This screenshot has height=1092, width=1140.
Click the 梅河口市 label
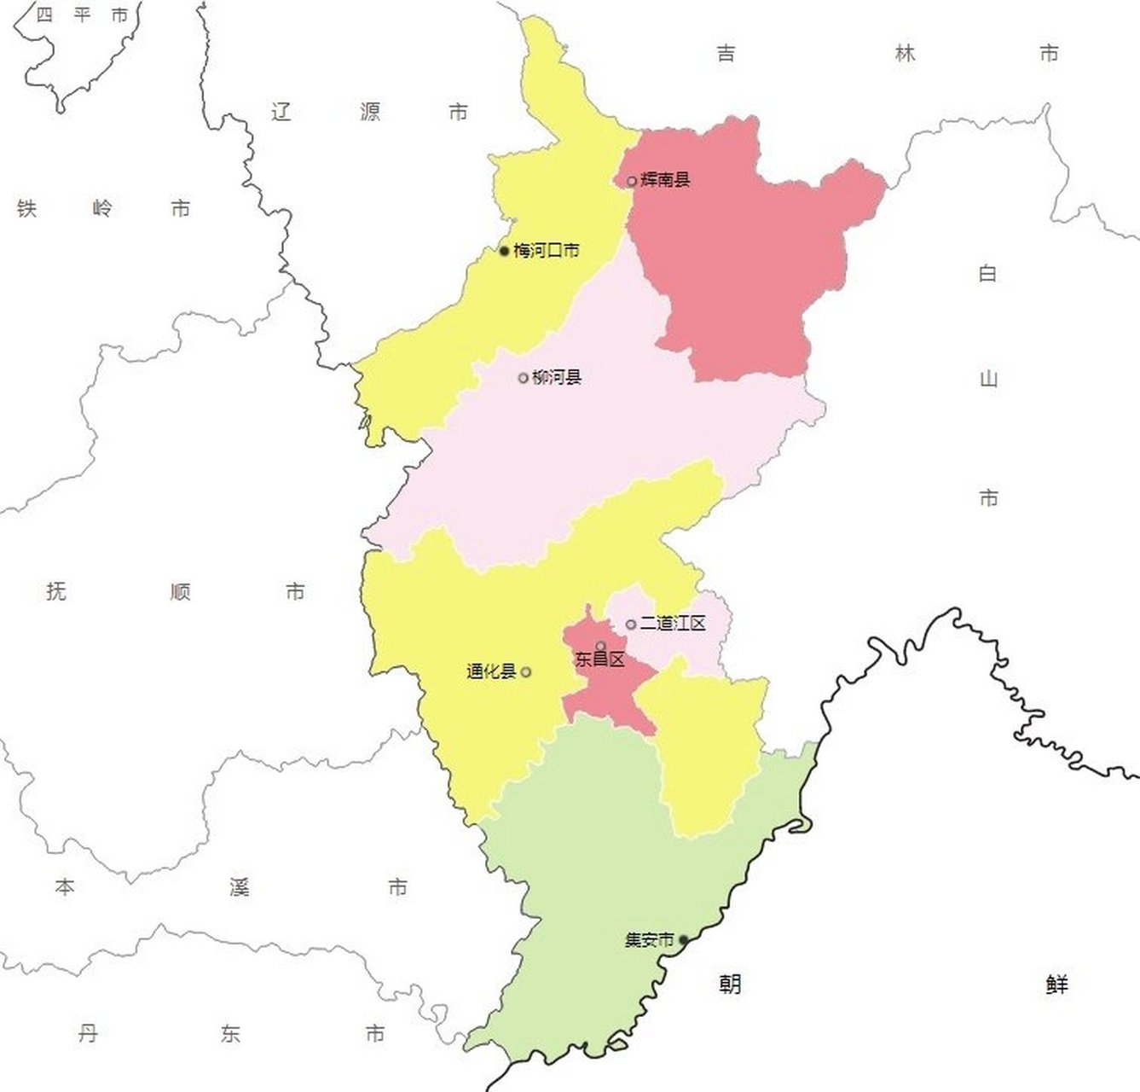tap(547, 251)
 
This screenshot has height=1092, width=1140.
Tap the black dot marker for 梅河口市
tap(504, 251)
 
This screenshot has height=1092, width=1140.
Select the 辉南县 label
tap(665, 180)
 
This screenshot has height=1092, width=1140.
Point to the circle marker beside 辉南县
tap(631, 181)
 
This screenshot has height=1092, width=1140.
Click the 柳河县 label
tap(556, 377)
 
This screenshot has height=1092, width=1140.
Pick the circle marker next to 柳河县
tap(524, 378)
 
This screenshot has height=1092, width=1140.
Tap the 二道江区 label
tap(673, 624)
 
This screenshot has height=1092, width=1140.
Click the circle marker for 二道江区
tap(631, 624)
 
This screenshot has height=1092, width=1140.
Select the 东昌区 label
tap(600, 659)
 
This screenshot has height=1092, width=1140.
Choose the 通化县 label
tap(491, 671)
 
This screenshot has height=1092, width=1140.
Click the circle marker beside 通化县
tap(526, 672)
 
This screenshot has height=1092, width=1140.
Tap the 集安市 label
tap(649, 940)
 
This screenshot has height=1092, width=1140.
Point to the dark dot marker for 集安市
tap(683, 940)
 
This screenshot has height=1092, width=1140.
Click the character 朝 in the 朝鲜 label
tap(729, 985)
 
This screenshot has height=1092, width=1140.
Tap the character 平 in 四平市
tap(82, 15)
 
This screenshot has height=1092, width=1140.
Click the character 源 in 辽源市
tap(370, 112)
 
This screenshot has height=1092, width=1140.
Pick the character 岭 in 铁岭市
tap(102, 208)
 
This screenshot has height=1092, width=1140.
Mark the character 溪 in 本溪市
tap(239, 887)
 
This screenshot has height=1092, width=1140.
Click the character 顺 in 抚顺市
tap(180, 591)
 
